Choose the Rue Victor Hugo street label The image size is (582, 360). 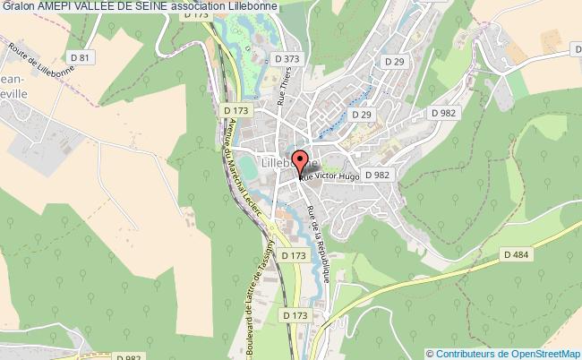(330, 177)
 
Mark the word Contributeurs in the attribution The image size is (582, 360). (466, 353)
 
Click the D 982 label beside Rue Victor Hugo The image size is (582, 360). (377, 175)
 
